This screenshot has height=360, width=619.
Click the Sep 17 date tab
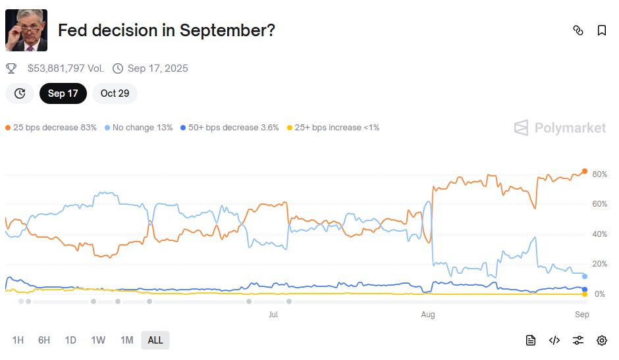[63, 93]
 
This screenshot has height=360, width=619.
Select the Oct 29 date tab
[115, 93]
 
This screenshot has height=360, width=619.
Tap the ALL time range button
[155, 340]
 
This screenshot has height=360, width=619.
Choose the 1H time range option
[18, 340]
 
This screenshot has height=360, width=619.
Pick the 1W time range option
[98, 340]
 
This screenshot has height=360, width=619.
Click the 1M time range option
[127, 340]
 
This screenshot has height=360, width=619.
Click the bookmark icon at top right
[602, 30]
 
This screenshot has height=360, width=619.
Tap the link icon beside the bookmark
[578, 30]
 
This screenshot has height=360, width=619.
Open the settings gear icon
[602, 340]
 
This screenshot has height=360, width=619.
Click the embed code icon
[554, 340]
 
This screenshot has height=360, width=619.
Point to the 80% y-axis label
[599, 174]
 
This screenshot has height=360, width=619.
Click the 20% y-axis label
[599, 264]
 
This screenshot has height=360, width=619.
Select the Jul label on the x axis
[273, 315]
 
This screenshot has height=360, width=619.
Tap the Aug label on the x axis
[428, 315]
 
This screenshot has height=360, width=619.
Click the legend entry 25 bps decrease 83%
[51, 128]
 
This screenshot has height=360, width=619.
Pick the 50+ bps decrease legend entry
[230, 128]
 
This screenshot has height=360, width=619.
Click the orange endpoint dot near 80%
[585, 171]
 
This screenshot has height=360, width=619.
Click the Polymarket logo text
[570, 128]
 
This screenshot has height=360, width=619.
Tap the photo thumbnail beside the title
[26, 30]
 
